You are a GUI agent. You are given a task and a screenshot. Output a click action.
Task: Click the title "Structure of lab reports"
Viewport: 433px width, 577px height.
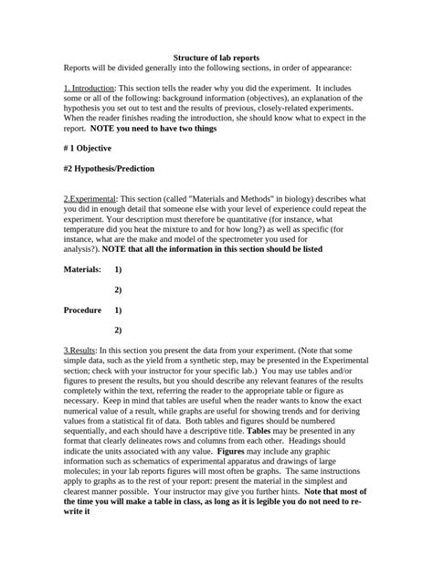(x=216, y=57)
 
